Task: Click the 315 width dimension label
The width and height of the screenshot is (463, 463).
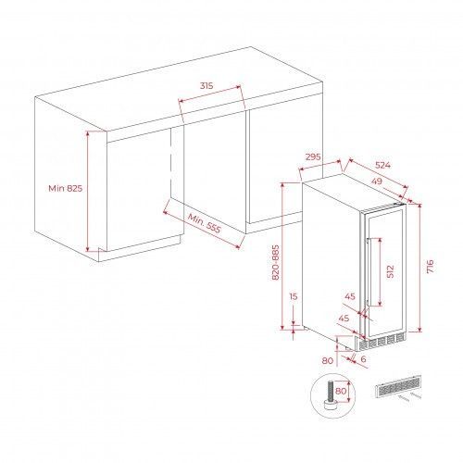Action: click(x=206, y=85)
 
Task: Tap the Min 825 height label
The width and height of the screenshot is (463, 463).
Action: click(x=66, y=188)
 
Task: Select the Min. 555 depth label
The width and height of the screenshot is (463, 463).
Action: click(x=205, y=223)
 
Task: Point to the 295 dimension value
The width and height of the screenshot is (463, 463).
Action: click(x=313, y=156)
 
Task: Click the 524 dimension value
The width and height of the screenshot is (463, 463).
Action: click(x=382, y=165)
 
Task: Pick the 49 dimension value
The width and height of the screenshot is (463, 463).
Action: click(x=377, y=181)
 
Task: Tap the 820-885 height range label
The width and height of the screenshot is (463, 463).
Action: click(x=276, y=262)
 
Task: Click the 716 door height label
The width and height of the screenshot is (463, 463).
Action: click(x=431, y=267)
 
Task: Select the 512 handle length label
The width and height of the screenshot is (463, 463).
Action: click(x=391, y=271)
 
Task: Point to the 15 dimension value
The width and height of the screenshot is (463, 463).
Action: click(x=294, y=296)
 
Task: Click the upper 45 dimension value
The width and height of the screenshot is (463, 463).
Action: click(x=350, y=296)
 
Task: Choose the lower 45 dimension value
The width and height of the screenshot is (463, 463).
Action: click(x=344, y=318)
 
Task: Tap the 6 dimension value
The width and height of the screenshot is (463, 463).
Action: click(x=363, y=359)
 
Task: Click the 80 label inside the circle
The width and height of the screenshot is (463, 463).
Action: click(x=341, y=391)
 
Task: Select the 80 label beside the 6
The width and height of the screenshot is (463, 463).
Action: click(x=328, y=360)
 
